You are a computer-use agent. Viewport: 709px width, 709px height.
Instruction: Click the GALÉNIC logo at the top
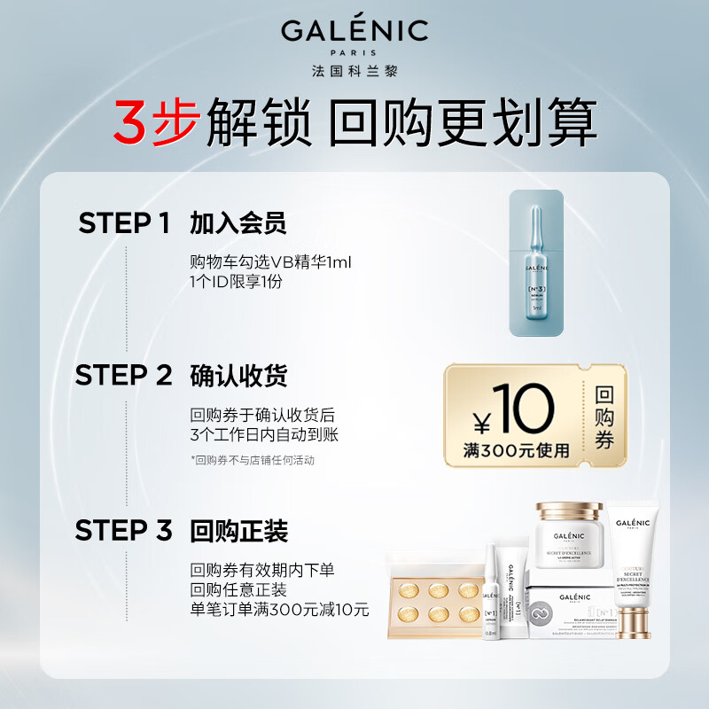pos(354,32)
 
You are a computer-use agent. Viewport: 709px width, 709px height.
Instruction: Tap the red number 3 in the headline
pos(130,124)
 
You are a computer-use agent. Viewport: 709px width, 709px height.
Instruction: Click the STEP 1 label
pos(123,223)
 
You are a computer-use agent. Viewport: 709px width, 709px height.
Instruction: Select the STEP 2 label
pos(123,376)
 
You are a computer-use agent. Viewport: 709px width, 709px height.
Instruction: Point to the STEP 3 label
pos(123,531)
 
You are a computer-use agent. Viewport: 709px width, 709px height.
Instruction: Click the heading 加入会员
pos(238,223)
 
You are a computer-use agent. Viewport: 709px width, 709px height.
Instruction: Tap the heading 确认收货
pos(238,376)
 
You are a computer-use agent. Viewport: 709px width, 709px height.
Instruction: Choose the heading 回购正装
pos(238,532)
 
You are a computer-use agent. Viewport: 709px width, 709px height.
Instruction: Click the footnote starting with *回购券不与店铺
pos(253,460)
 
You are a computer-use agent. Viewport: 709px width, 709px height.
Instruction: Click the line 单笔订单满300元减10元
pos(279,610)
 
